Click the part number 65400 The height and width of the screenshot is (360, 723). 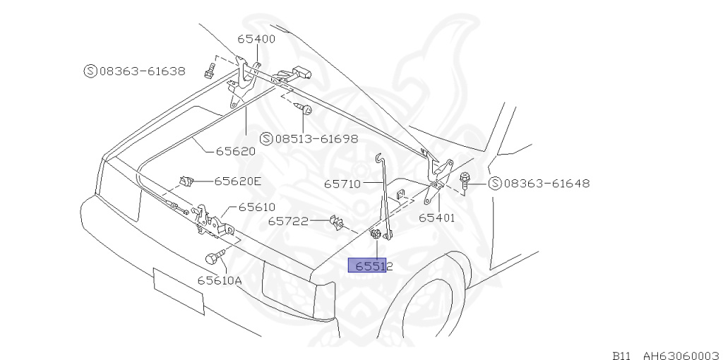click(x=256, y=39)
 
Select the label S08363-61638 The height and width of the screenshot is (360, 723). click(x=135, y=71)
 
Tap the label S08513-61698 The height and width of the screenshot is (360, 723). click(x=309, y=138)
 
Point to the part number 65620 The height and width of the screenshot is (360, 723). click(x=235, y=150)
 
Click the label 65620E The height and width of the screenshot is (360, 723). click(x=237, y=181)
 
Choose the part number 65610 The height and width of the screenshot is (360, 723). click(x=256, y=207)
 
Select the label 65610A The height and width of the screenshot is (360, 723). click(x=219, y=280)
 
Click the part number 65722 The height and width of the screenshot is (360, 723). click(x=288, y=221)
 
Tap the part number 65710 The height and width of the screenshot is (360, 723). click(x=342, y=184)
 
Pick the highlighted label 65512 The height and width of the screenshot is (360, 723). click(x=373, y=266)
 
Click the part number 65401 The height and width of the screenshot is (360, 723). click(x=436, y=217)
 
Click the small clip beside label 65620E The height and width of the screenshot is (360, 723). click(x=188, y=181)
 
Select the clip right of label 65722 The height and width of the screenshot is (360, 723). click(x=335, y=222)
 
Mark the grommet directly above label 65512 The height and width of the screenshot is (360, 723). click(x=376, y=236)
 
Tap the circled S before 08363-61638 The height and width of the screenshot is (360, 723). click(x=90, y=71)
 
